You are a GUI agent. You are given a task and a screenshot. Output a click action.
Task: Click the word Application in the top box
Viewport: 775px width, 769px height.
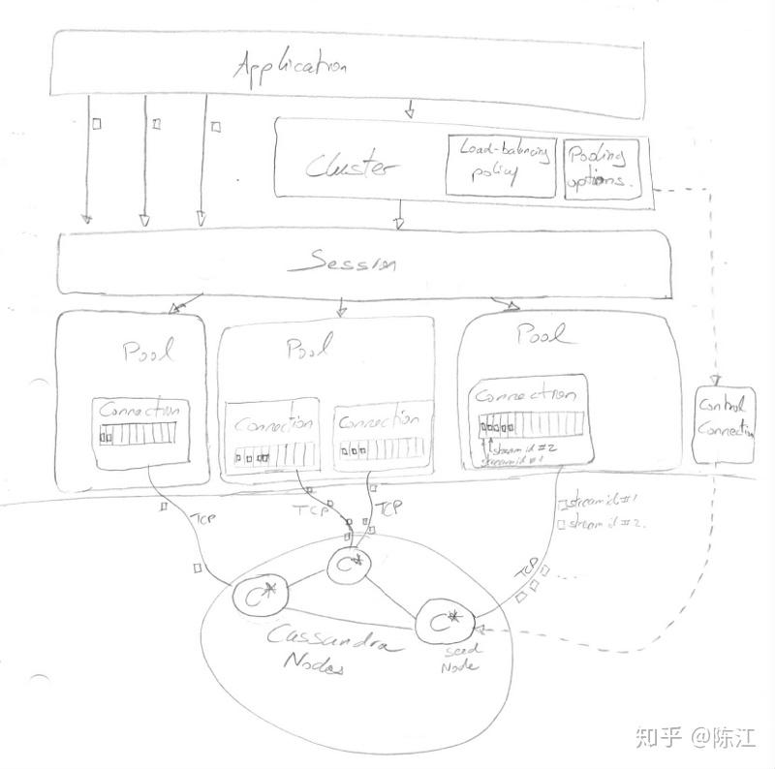(291, 69)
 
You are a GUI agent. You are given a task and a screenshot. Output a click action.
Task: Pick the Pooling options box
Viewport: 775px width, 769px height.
(597, 167)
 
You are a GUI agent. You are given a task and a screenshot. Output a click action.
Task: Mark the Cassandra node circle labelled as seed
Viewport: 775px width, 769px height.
(445, 620)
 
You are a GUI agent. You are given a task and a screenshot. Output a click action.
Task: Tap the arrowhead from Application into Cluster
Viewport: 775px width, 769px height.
(409, 112)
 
